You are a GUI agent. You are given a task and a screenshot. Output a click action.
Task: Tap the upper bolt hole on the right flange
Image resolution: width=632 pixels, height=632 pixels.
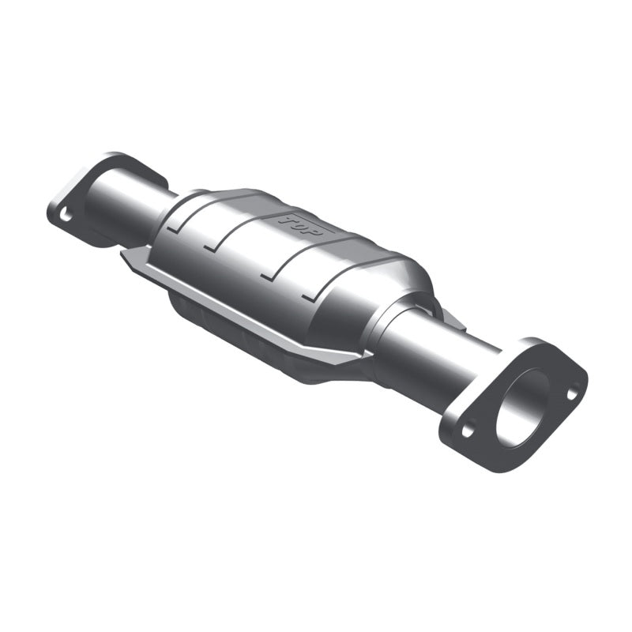[x=572, y=389]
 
